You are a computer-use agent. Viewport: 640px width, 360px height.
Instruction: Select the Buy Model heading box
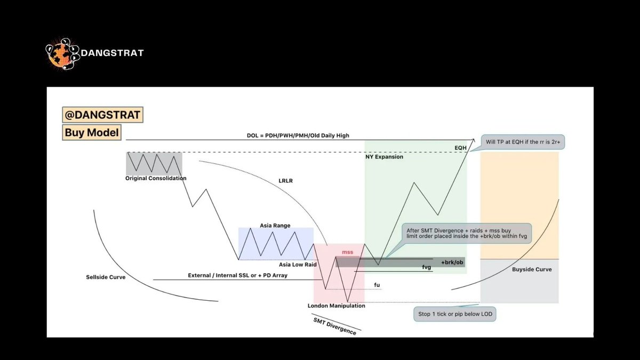coord(92,132)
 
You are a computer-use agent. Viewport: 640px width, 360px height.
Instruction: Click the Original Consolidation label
coord(156,178)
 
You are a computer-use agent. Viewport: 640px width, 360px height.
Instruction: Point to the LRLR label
coord(285,181)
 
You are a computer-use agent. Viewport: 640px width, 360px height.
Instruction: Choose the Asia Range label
coord(275,226)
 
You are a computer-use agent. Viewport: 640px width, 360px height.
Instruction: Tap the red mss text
coord(348,251)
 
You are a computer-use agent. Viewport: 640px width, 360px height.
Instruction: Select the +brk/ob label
coord(452,262)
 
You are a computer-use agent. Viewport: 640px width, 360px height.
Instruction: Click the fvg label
coord(426,267)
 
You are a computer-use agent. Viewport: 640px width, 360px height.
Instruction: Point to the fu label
coord(377,285)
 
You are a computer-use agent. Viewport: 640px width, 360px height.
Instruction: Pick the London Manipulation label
coord(337,306)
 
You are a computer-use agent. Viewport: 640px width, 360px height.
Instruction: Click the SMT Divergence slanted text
coord(334,325)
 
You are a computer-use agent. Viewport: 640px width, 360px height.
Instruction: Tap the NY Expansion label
coord(384,157)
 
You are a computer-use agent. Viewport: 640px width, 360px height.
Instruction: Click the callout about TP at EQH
coord(523,142)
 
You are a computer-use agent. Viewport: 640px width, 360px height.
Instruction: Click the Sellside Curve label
coord(106,277)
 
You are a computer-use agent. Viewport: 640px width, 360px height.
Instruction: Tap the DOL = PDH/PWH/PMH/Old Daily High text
coord(291,135)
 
